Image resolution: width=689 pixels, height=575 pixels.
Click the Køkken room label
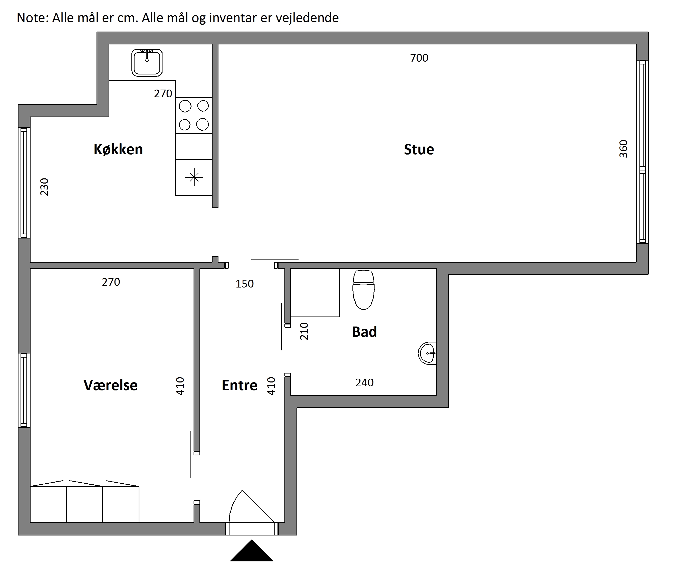[118, 149]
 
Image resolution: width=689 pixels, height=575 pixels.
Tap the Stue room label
[419, 149]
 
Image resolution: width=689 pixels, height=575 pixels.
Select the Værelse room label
[111, 385]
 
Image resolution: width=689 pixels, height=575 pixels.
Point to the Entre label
[240, 385]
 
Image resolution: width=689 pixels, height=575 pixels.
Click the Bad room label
[364, 332]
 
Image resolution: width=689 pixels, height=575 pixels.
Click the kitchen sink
[147, 63]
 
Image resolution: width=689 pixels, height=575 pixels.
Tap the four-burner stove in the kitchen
[194, 116]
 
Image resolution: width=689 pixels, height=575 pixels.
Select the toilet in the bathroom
[363, 290]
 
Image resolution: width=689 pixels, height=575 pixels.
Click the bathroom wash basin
[427, 353]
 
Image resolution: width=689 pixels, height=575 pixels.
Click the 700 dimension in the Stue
[419, 58]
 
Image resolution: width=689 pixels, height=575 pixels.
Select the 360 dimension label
[623, 149]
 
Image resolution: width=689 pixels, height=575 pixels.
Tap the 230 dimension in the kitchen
[44, 187]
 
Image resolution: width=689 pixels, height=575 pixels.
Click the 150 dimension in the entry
[244, 284]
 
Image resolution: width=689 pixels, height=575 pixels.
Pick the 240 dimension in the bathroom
[365, 382]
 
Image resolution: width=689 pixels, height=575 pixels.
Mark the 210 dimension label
[304, 331]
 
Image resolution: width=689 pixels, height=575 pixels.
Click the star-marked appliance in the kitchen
[194, 177]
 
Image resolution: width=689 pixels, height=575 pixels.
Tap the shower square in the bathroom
[315, 293]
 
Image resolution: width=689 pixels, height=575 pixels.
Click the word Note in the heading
[33, 18]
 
